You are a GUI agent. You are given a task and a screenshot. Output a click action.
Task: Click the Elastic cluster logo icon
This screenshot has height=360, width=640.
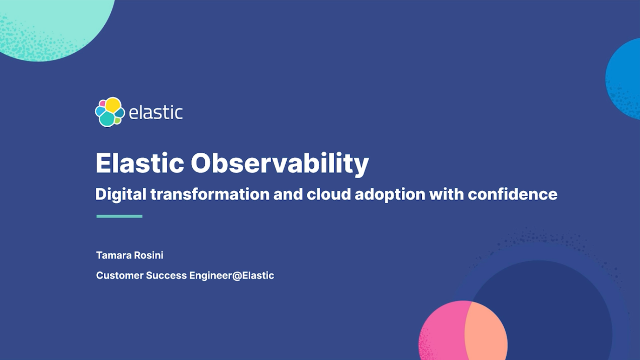point(109,112)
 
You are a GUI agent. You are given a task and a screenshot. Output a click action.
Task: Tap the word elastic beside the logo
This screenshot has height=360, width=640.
point(155,113)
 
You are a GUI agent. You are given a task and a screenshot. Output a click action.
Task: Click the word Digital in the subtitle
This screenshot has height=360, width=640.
point(119,193)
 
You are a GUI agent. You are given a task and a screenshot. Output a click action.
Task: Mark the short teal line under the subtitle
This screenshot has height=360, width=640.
point(119,216)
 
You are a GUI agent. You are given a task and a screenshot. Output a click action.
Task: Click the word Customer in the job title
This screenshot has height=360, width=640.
point(122,275)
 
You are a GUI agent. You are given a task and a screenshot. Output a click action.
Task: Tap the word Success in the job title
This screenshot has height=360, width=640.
point(176,275)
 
